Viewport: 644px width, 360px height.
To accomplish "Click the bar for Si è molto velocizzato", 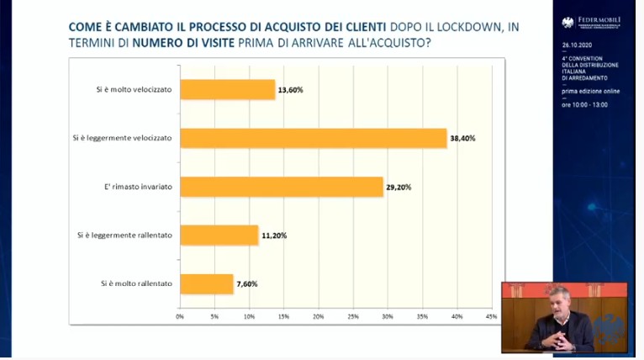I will coord(228,89).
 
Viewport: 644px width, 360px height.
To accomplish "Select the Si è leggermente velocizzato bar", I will coord(314,138).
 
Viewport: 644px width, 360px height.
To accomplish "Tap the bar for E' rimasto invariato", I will coord(282,187).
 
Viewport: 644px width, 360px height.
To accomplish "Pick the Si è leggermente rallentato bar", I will coord(219,235).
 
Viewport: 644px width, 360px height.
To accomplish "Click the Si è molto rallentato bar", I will coord(207,283).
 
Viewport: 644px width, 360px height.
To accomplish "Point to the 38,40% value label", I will coord(463,138).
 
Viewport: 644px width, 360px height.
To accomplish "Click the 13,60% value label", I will coord(291,89).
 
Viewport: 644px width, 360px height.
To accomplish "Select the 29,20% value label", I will coord(399,187).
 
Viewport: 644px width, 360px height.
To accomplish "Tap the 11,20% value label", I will coord(274,236).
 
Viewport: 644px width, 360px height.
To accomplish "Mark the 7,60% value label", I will coord(246,284).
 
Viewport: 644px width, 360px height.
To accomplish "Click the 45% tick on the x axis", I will coord(491,316).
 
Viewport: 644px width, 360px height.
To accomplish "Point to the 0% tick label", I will coord(180,316).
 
